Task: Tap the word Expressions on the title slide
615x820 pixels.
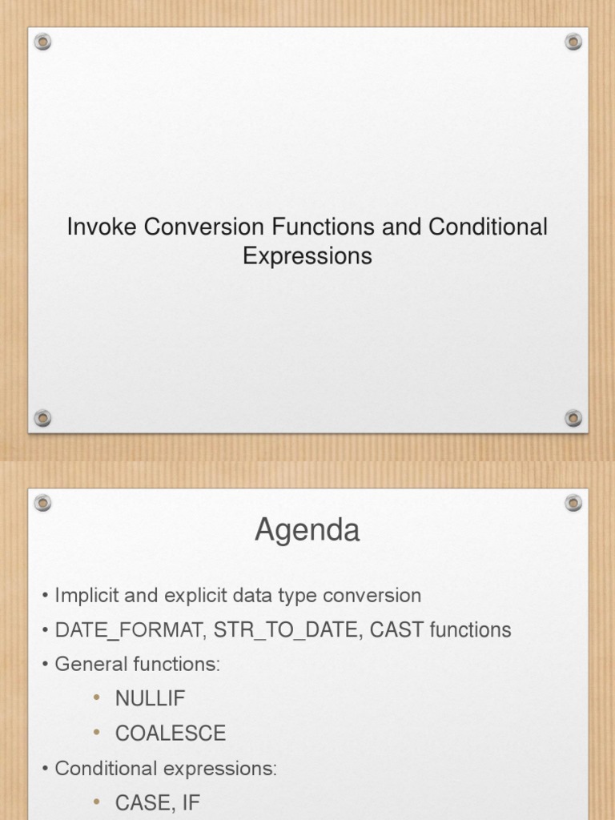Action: [x=307, y=256]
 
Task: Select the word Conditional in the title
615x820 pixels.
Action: [x=488, y=227]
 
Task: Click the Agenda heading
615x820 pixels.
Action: [x=307, y=531]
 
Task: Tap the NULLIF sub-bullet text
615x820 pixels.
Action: [x=150, y=698]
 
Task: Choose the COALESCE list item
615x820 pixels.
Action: [x=171, y=733]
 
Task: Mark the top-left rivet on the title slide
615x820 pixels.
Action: [x=42, y=42]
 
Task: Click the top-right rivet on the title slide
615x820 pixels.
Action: [x=573, y=42]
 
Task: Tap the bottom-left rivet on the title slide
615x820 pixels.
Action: [x=42, y=418]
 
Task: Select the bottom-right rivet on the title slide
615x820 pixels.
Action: [x=573, y=418]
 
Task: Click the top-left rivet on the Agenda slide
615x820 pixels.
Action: [x=42, y=503]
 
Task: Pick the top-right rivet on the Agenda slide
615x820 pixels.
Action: [x=573, y=503]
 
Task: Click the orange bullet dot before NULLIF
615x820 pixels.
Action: [x=97, y=698]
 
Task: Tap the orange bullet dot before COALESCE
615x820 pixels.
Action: [x=97, y=733]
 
